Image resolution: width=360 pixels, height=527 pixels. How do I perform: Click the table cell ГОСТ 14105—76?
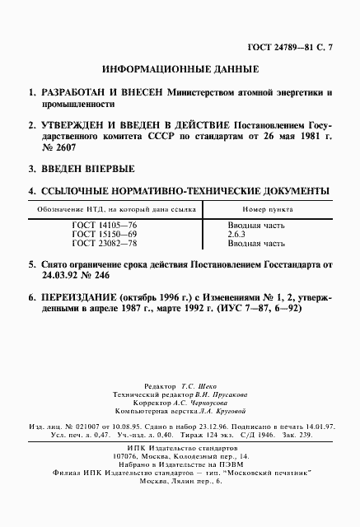coord(105,223)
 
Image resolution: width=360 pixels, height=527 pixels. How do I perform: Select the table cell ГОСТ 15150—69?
coord(105,233)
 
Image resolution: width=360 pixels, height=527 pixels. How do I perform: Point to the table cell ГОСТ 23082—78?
coord(105,244)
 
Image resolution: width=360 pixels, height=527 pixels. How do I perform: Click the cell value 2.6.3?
coord(237,233)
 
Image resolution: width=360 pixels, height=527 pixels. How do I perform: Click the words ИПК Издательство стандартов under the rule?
coord(180,448)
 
